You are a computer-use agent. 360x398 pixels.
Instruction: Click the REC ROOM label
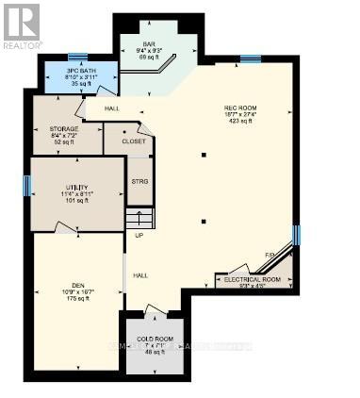click(x=237, y=108)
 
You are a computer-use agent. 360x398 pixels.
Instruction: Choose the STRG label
click(x=139, y=181)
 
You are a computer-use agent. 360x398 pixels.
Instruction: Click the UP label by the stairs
click(x=139, y=235)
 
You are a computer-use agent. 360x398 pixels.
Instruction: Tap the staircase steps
click(x=139, y=219)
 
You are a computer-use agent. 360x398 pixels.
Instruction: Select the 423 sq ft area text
click(x=236, y=122)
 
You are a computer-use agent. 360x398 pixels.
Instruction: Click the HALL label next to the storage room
click(x=111, y=109)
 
